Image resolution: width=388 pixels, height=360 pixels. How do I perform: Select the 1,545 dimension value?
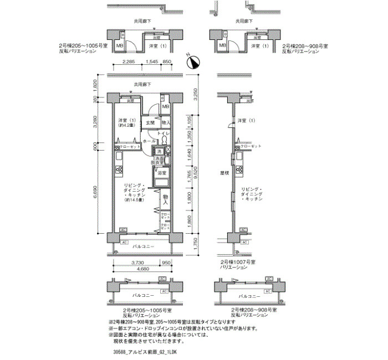tap(151, 61)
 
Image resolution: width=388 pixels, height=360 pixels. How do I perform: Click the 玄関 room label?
tap(150, 122)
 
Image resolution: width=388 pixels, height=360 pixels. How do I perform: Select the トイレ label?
tap(163, 134)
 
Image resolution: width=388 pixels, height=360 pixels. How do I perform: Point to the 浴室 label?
tap(161, 173)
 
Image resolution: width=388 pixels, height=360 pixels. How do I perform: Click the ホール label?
tap(149, 142)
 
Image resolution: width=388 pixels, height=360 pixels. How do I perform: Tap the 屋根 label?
tap(224, 173)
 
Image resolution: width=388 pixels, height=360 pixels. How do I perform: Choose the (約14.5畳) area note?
tap(134, 200)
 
